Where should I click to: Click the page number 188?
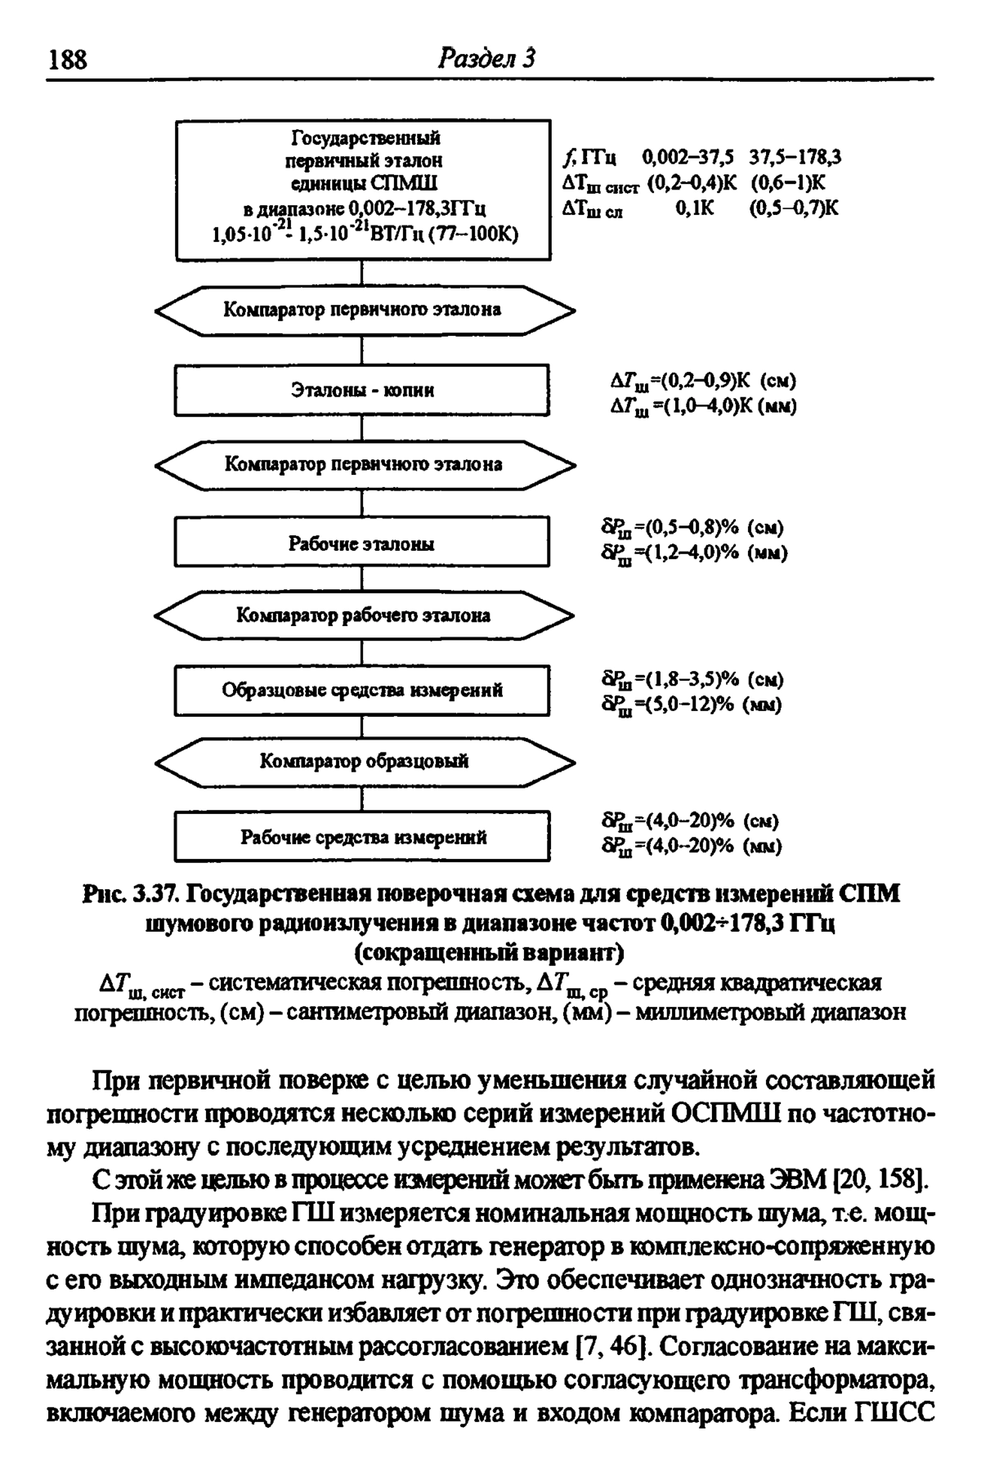(69, 60)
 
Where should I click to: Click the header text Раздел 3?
(486, 59)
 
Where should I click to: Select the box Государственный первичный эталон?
(363, 190)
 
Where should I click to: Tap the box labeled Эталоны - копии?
(363, 390)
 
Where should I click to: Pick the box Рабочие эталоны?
(363, 543)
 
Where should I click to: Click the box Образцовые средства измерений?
(363, 691)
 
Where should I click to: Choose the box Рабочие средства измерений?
(363, 837)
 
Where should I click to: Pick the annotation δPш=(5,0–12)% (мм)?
(692, 704)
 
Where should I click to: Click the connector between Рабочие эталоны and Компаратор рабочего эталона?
(362, 578)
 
